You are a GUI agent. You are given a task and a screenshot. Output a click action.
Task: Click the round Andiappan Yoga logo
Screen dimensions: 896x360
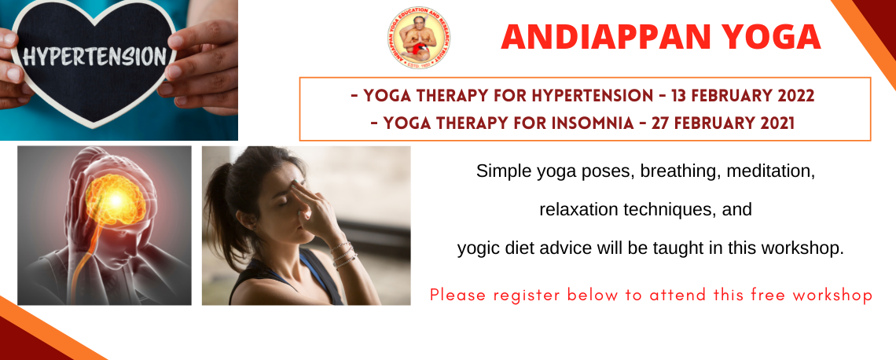click(418, 38)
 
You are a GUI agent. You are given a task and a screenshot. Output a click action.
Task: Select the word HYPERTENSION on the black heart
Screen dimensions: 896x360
click(95, 57)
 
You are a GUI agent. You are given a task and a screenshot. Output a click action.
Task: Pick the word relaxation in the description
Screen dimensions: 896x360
click(575, 210)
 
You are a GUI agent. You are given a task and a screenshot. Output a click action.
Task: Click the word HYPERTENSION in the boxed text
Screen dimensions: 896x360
click(592, 95)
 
